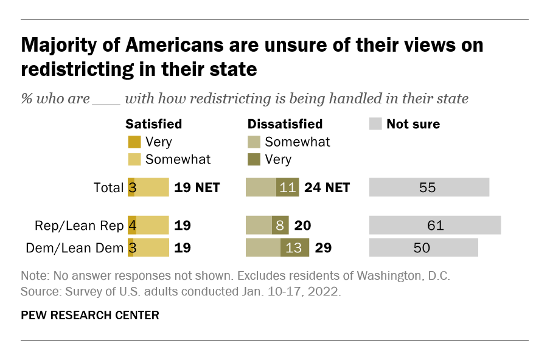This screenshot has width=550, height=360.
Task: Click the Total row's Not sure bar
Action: point(429,187)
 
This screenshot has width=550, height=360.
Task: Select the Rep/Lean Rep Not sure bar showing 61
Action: point(434,226)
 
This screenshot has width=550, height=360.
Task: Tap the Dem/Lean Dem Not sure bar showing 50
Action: point(423,247)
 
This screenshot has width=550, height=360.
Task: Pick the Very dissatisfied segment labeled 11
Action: point(287,187)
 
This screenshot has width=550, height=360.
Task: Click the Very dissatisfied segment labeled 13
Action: point(294,247)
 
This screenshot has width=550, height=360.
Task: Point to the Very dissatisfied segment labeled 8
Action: point(280,226)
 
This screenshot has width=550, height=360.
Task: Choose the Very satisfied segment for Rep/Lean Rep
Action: point(131,226)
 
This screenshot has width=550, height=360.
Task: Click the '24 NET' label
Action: point(327,187)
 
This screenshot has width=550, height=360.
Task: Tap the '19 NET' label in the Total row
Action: point(197,187)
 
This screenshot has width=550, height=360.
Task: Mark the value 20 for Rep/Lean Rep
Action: point(303,226)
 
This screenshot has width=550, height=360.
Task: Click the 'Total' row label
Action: point(109,187)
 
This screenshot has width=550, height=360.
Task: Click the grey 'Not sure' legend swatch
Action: point(375,124)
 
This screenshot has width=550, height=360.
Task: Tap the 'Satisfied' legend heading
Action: point(153,124)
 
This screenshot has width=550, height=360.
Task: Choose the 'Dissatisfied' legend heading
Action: point(285,124)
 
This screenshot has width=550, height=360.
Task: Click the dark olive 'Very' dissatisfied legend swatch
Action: point(254,159)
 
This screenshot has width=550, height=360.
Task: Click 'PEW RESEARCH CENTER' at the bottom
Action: point(90,315)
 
